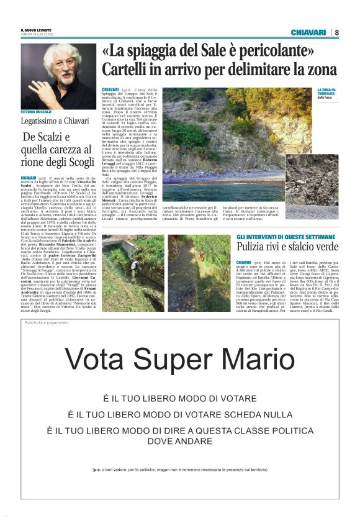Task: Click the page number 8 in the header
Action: point(336,32)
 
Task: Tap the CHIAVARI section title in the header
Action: point(308,32)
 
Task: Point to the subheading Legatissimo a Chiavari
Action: point(50,119)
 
